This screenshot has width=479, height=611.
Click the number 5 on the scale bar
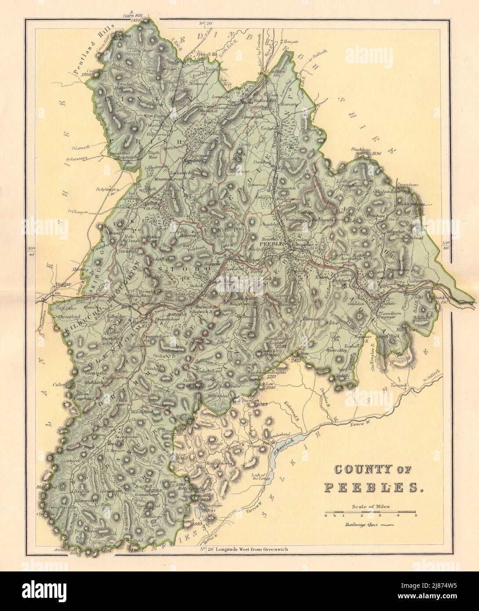(415, 516)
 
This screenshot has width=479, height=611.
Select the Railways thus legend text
(361, 524)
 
